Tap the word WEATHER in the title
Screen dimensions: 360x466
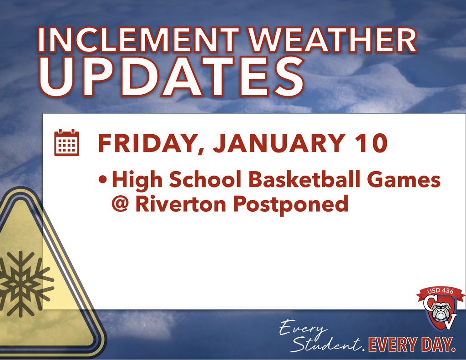tap(334, 40)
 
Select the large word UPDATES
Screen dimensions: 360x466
tap(172, 77)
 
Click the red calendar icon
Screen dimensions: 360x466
tap(66, 143)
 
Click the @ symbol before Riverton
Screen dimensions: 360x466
tap(121, 203)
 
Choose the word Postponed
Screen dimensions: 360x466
tap(290, 204)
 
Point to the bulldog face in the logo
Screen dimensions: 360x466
tap(441, 311)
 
